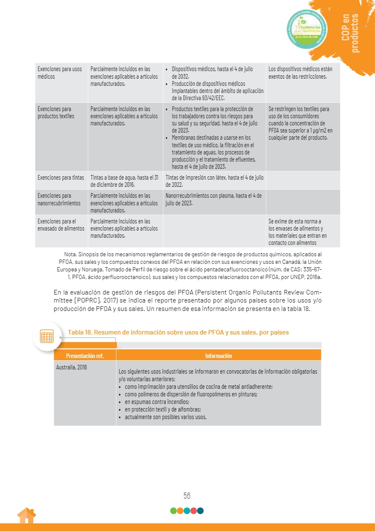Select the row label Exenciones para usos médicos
point(60,72)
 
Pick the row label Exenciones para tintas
point(61,178)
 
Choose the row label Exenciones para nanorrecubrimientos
point(59,199)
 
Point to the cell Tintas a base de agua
point(124,181)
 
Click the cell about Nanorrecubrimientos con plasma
point(214,199)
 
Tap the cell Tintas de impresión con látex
point(214,181)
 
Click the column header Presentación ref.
point(85,356)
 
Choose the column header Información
point(219,356)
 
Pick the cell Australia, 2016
point(72,367)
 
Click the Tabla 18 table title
point(178,332)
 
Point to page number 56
point(187,496)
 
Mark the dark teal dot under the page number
point(201,511)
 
